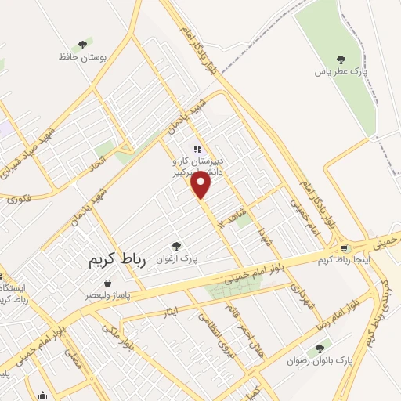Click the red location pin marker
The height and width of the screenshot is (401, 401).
tap(201, 185)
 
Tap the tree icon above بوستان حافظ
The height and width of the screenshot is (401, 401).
tap(82, 45)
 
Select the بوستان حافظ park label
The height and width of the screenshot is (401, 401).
tap(82, 57)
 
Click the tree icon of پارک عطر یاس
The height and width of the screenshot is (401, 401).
tap(340, 59)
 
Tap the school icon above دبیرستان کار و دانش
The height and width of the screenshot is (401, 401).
tap(197, 148)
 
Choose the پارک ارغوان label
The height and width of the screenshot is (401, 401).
tap(176, 258)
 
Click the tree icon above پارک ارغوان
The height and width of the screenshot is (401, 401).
tap(176, 245)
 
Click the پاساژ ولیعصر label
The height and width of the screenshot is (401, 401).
tap(108, 296)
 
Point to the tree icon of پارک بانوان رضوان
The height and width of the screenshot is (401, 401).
tap(319, 349)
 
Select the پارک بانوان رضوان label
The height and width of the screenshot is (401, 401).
tap(320, 361)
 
